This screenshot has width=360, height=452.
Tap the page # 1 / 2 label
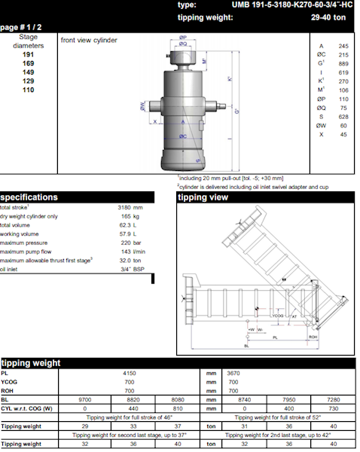[20, 27]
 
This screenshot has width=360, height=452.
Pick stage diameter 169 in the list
[28, 64]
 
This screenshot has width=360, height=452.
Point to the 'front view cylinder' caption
[89, 39]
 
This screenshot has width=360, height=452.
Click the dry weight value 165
[126, 216]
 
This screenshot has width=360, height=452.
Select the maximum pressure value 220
[126, 243]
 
